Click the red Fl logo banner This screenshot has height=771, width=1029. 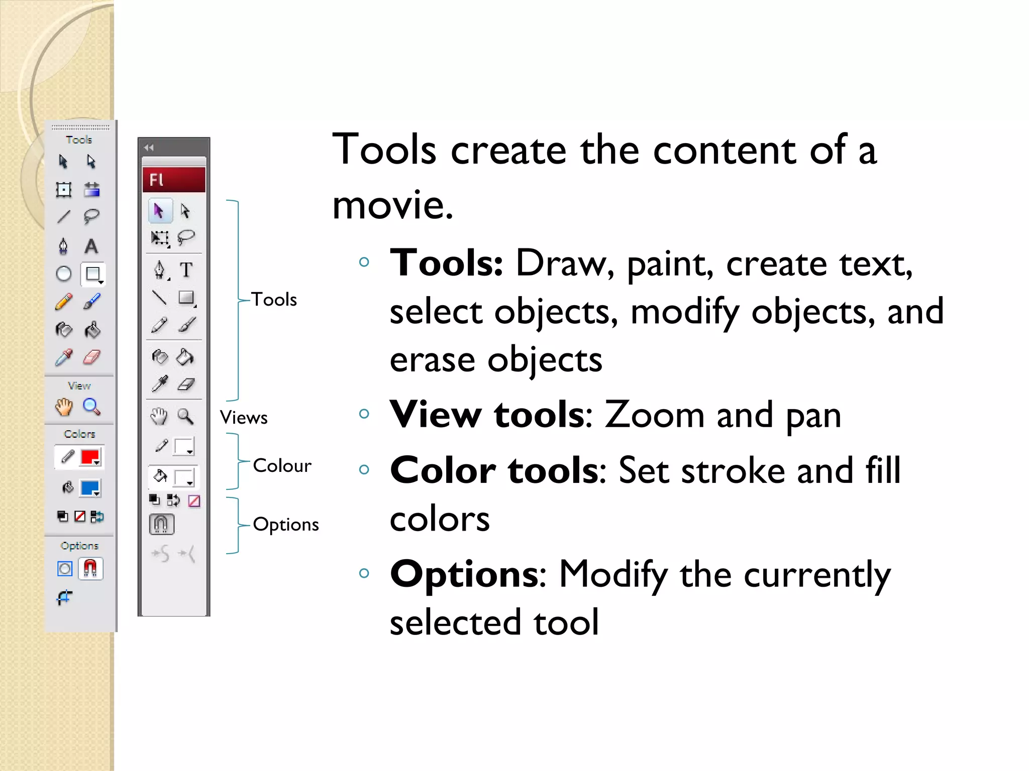173,180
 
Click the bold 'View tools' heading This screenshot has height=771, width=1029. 487,415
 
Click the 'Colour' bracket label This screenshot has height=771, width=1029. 282,465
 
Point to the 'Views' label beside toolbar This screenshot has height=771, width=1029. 244,417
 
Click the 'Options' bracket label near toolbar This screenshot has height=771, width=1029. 285,524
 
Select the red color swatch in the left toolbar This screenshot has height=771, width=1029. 90,457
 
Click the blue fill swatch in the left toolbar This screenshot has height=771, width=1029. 90,487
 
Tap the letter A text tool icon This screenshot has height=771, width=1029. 91,246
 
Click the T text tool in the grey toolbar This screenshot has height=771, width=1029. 186,270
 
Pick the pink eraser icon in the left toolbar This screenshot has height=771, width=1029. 91,357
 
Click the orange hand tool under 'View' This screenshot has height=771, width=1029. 64,407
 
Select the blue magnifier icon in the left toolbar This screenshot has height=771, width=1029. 91,407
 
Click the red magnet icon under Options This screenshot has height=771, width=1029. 90,568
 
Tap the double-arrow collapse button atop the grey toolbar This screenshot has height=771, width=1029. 149,148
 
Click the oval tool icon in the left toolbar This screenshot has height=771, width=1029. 64,274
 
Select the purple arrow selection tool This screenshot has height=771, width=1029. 159,211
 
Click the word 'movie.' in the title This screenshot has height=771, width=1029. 392,205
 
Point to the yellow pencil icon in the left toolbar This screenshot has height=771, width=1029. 64,302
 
